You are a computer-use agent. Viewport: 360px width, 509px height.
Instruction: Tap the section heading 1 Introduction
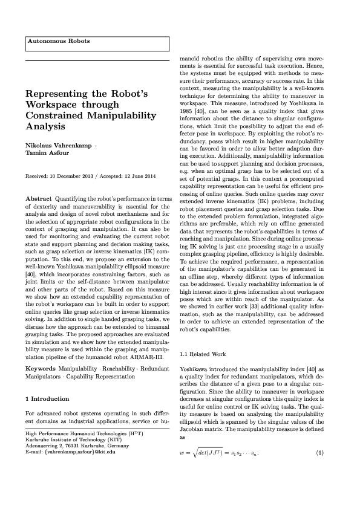49,400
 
